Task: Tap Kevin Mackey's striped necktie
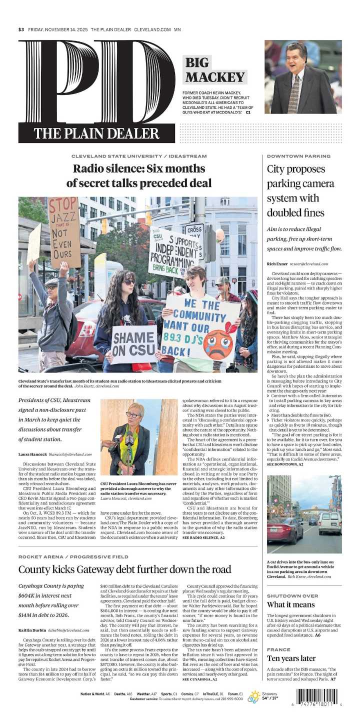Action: [x=293, y=92]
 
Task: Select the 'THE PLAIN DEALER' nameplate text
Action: [x=96, y=133]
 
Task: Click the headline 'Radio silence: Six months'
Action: [x=138, y=168]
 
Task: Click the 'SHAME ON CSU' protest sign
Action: [x=133, y=344]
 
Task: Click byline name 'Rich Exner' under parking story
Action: [x=277, y=263]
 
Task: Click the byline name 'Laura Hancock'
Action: [x=32, y=454]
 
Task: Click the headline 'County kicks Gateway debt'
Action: [x=125, y=569]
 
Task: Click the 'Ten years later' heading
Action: [x=291, y=658]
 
